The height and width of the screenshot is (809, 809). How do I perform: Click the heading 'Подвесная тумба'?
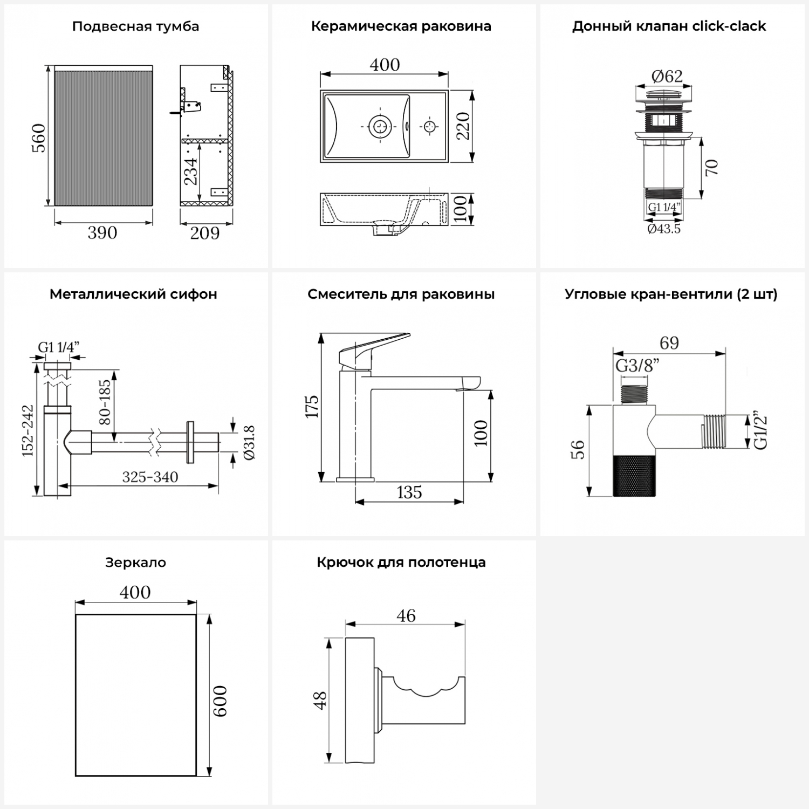135,26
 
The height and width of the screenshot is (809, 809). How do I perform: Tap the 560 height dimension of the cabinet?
39,138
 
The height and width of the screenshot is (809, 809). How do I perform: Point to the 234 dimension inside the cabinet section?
191,171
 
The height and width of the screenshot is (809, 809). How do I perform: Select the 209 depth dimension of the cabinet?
205,234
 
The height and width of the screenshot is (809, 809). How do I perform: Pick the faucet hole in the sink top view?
429,127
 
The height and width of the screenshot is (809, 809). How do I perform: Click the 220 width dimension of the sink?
463,126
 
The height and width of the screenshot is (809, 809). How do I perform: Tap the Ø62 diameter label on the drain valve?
667,77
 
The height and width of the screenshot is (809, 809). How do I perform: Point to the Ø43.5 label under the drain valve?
664,229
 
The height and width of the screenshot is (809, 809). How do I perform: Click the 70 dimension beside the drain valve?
711,167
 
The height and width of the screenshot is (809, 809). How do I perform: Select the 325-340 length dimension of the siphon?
150,477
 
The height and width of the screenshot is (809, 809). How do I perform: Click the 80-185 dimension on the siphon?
105,401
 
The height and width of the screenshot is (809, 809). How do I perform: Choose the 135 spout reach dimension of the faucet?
409,493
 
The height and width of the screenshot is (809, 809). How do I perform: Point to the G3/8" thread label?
637,366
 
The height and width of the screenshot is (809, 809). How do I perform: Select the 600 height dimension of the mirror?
220,701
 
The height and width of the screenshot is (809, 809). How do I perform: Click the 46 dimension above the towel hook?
406,616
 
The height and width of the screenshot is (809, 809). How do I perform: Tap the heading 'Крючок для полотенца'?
401,563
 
